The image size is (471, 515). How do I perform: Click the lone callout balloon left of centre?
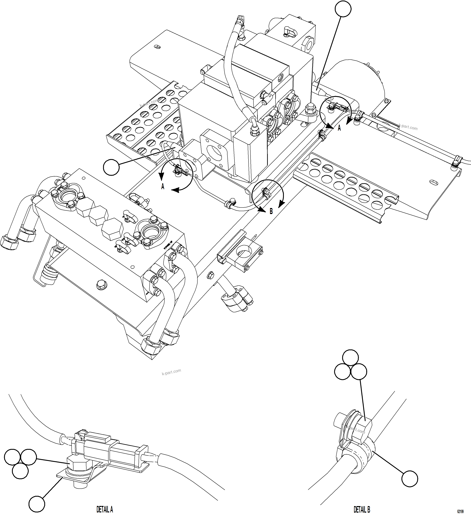111,167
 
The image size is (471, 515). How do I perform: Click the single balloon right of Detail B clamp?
409,479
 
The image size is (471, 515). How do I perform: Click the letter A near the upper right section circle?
339,128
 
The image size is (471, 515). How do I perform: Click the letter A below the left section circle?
163,187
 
